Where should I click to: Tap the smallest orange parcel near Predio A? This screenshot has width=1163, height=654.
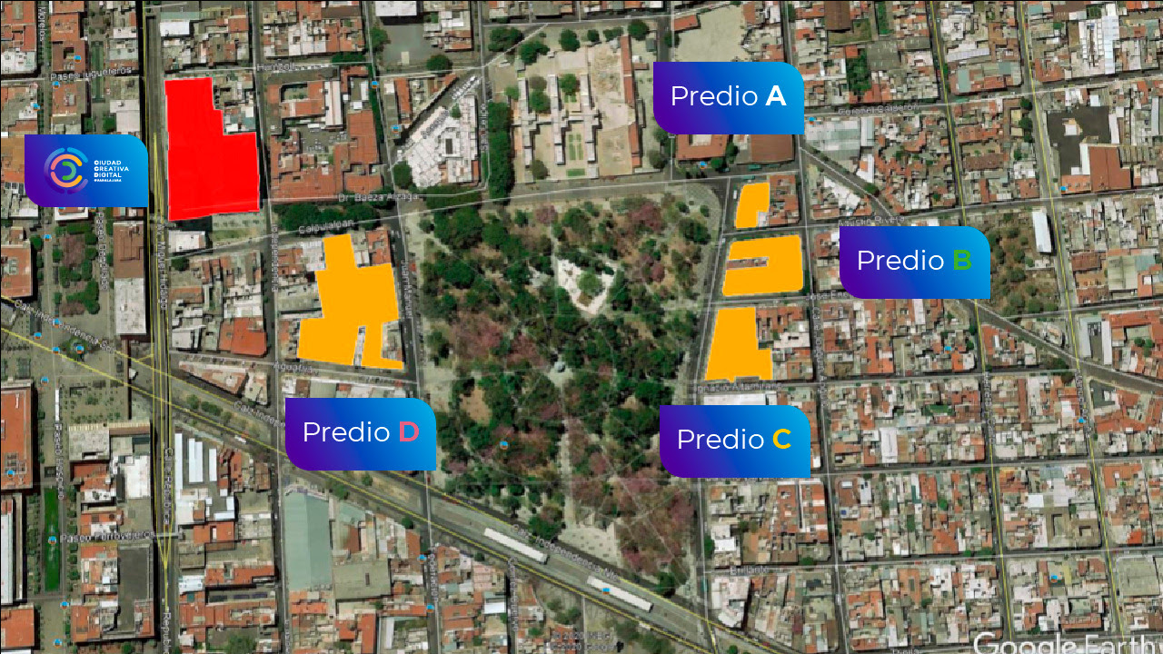(x=751, y=205)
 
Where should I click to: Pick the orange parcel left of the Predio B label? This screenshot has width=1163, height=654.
(x=763, y=266)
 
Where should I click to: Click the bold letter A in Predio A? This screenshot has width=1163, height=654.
(x=775, y=96)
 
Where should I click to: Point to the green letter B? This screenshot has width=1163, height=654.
(x=962, y=261)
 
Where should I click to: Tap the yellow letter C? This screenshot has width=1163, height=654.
(x=781, y=440)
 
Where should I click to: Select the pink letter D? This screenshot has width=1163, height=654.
(x=409, y=432)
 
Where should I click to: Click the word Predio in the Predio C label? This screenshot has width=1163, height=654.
(x=721, y=440)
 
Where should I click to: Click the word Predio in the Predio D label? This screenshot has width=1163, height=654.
(x=346, y=432)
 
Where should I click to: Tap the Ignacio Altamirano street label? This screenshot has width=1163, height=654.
(x=740, y=385)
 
